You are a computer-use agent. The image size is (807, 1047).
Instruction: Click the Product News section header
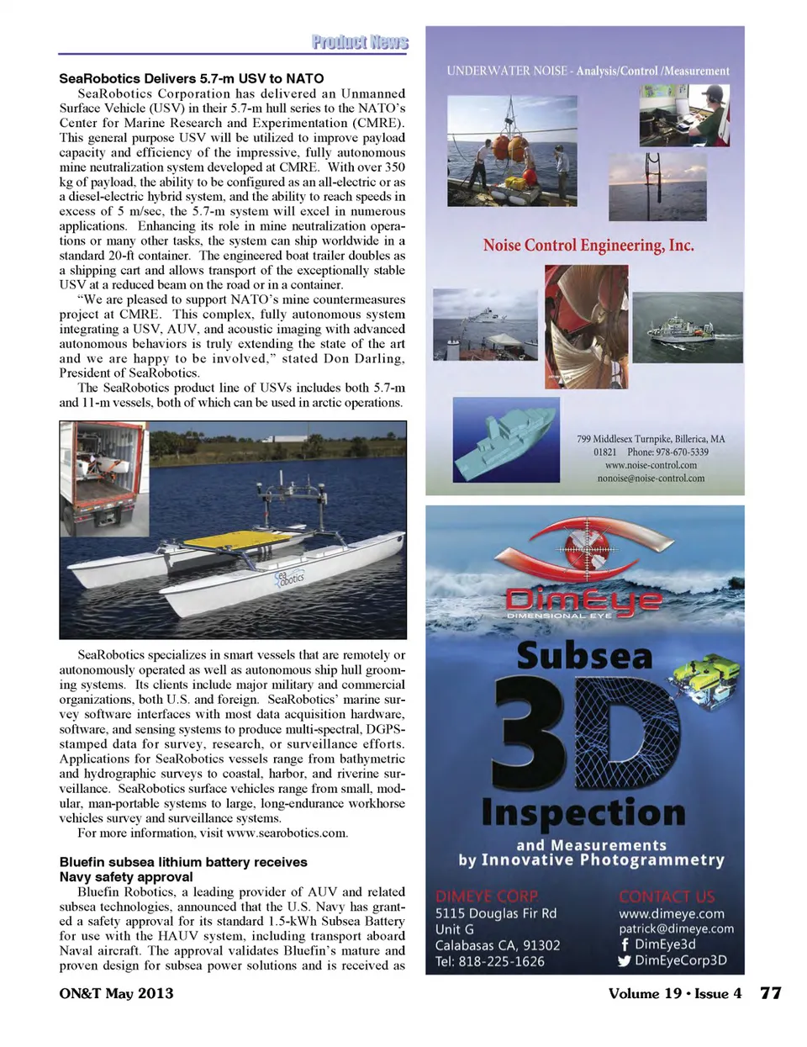click(x=359, y=42)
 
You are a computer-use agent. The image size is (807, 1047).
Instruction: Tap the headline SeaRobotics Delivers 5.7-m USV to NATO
click(x=191, y=78)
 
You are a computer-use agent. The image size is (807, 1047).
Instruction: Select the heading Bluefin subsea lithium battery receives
click(x=182, y=862)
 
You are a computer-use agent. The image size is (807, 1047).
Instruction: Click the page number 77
click(x=770, y=993)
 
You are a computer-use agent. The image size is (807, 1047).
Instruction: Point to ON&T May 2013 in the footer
click(x=116, y=993)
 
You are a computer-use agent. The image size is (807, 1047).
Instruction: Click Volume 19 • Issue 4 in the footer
click(x=674, y=993)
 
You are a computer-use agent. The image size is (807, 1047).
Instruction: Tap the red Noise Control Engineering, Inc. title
click(x=588, y=246)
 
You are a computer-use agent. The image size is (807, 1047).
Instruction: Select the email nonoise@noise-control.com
click(x=651, y=479)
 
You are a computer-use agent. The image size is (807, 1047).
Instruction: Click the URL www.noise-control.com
click(x=651, y=465)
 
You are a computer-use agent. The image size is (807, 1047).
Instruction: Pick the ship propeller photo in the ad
click(x=586, y=326)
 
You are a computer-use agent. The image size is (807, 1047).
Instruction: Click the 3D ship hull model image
click(x=506, y=440)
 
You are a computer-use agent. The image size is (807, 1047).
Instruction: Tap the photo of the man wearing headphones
click(x=683, y=116)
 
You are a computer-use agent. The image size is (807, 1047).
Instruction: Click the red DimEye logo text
click(x=583, y=600)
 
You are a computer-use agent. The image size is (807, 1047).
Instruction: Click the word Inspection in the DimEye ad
click(x=583, y=812)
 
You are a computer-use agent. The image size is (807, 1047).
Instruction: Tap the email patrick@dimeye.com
click(x=676, y=929)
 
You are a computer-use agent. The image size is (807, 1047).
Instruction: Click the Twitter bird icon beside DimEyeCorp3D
click(x=624, y=960)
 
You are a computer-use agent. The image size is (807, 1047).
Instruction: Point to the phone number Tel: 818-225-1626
click(x=489, y=961)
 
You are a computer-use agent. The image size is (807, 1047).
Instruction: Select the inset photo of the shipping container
click(x=104, y=479)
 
